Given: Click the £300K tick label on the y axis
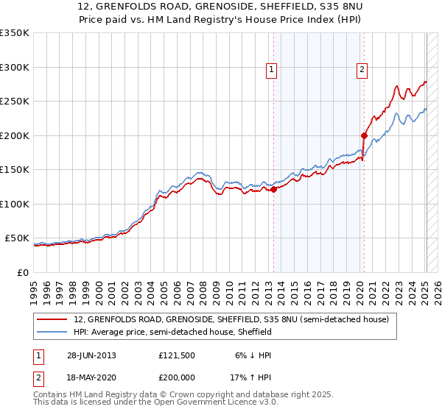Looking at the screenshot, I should (x=15, y=67).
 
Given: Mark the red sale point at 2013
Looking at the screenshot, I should (x=273, y=189).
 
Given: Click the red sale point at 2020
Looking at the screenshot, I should (x=364, y=135).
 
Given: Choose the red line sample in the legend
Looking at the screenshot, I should (x=52, y=320).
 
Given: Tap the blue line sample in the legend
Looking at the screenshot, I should (x=52, y=332).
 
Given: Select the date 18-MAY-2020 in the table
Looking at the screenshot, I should (x=91, y=377).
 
